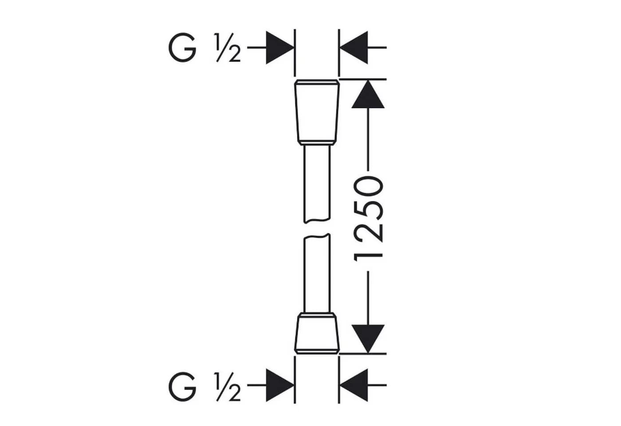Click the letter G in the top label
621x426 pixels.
(182, 47)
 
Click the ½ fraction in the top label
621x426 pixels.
(228, 47)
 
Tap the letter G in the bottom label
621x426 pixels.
(182, 387)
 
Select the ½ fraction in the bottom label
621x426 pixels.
(228, 387)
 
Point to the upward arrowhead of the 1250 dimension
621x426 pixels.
(368, 94)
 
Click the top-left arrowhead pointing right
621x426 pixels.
(280, 47)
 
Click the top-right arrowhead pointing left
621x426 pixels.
(354, 47)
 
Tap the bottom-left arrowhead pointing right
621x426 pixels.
(280, 385)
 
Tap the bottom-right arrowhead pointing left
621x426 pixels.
(354, 385)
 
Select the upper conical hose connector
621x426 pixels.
(317, 112)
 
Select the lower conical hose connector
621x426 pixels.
(317, 333)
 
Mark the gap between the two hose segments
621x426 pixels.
(317, 229)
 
